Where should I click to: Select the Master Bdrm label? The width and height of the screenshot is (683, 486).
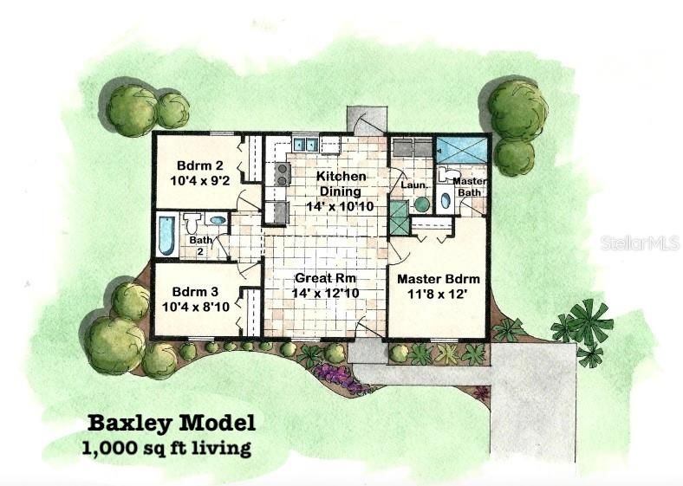pos(438,279)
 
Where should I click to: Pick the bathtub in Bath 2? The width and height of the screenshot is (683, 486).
pos(166,234)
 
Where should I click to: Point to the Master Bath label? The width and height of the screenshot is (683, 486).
pos(469,186)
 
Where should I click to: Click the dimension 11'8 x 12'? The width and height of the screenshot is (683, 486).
pos(438,295)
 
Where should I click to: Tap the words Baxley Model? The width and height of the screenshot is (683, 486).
pos(172,424)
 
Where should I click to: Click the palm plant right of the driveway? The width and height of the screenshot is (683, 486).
pos(586,327)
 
